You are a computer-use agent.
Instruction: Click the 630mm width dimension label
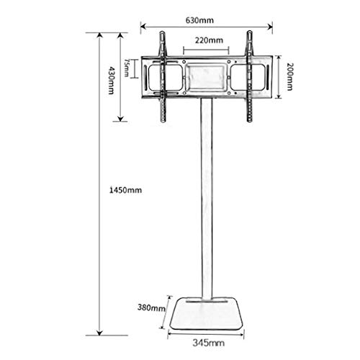pyautogui.click(x=199, y=20)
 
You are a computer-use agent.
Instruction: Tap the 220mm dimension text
pyautogui.click(x=209, y=40)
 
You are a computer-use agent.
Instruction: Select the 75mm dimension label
pyautogui.click(x=127, y=68)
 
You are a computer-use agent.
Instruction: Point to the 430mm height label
pyautogui.click(x=111, y=81)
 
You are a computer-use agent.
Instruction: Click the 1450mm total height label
pyautogui.click(x=125, y=190)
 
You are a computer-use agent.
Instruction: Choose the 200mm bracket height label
pyautogui.click(x=289, y=76)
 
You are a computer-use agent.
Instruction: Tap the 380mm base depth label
pyautogui.click(x=151, y=307)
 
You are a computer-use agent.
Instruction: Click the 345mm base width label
pyautogui.click(x=208, y=343)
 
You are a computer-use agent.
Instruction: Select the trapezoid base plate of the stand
pyautogui.click(x=206, y=314)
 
